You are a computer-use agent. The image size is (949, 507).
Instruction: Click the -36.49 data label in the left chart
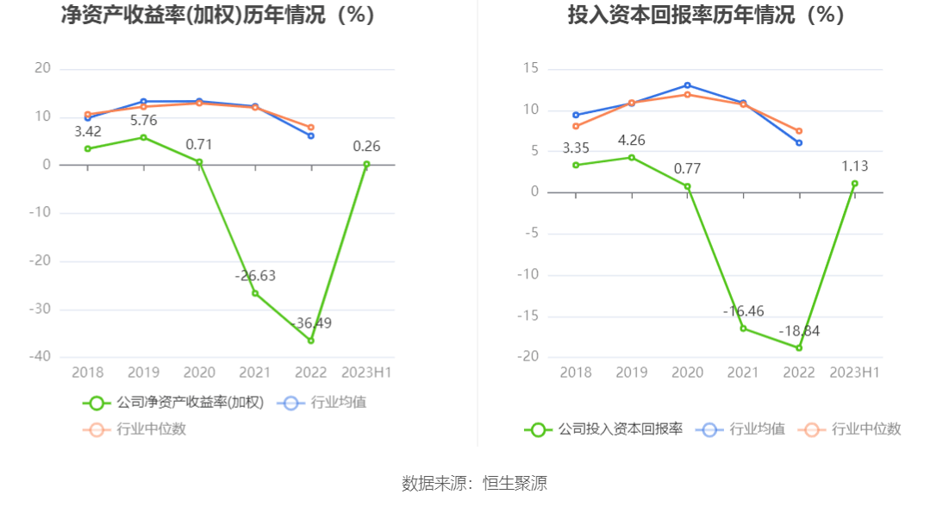coord(313,323)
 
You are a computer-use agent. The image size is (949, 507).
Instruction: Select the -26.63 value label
coord(255,276)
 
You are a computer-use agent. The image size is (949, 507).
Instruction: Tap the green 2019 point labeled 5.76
coord(143,137)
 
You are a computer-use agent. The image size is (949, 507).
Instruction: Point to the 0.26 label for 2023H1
coord(366,147)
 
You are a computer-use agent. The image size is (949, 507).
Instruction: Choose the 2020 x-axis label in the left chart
coord(199,372)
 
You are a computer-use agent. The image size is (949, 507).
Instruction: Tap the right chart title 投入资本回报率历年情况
coord(705,16)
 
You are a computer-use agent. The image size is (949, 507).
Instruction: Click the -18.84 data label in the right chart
coord(799,331)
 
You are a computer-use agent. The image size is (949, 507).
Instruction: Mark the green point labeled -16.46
coord(744,329)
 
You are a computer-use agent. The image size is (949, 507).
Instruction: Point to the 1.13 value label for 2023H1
coord(854,167)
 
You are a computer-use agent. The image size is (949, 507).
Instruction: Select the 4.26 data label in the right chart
coord(632,141)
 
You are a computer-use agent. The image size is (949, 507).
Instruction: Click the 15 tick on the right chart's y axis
coord(531,69)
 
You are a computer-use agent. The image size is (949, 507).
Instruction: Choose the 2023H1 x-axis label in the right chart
coord(854,372)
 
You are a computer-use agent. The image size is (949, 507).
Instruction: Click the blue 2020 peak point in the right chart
coord(687,85)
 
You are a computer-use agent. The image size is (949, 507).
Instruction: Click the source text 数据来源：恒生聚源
coord(474,484)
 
